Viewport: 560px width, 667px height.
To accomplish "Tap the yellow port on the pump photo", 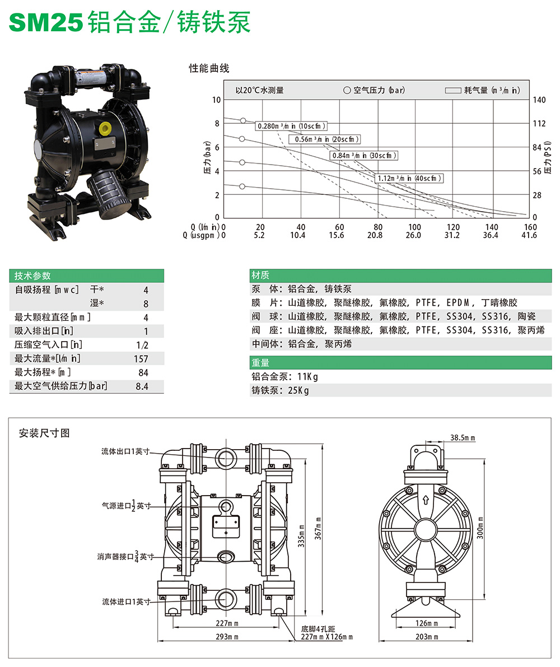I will (105, 126).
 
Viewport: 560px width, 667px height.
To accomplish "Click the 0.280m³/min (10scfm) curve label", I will (291, 126).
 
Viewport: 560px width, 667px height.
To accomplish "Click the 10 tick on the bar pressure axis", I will (217, 100).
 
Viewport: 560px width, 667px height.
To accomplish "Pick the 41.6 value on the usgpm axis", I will (529, 235).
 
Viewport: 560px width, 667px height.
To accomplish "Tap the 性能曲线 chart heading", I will (209, 69).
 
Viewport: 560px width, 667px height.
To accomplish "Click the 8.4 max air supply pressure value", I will (142, 386).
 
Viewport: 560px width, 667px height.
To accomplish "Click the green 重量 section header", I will (261, 362).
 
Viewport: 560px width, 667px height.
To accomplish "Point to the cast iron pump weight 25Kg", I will (280, 390).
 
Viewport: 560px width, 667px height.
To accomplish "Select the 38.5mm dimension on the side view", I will (463, 437).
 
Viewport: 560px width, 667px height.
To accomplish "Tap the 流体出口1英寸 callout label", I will (125, 451).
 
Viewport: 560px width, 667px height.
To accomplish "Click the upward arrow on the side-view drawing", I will (426, 500).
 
